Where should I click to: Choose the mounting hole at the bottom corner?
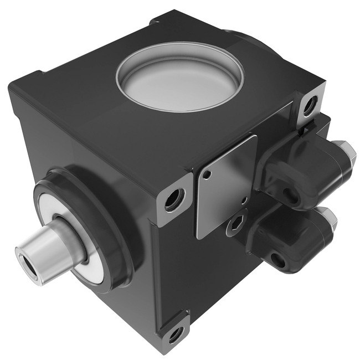pos(176,334)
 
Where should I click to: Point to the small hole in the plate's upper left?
pos(207,177)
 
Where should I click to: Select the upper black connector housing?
pos(302,169)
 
